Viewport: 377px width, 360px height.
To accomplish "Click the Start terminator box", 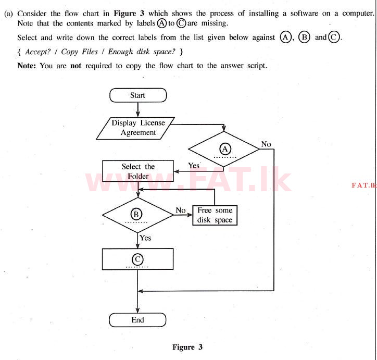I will point(137,95).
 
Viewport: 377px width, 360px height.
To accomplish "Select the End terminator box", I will point(137,319).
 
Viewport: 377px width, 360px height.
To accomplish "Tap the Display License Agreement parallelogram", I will point(138,128).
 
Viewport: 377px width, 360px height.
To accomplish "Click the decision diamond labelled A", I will point(224,149).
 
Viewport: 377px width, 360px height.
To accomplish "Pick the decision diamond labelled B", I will point(137,214).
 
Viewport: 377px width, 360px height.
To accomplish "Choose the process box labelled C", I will point(137,259).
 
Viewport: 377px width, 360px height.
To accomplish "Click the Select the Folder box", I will point(138,171).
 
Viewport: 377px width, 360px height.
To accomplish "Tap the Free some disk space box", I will point(215,215).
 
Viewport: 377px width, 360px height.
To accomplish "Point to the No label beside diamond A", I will point(266,144).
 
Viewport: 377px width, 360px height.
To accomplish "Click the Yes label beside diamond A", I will point(194,165).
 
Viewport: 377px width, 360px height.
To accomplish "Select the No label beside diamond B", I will point(181,210).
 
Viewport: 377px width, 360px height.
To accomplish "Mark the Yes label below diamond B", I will point(146,238).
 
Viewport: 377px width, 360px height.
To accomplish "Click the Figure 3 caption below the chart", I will point(183,347).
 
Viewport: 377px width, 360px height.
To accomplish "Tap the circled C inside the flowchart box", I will point(137,258).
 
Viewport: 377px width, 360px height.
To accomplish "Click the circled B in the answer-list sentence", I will point(305,38).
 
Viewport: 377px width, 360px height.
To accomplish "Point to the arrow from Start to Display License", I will point(137,110).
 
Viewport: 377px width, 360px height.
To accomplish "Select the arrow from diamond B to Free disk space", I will point(183,215).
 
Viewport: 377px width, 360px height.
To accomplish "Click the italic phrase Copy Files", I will point(84,52).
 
